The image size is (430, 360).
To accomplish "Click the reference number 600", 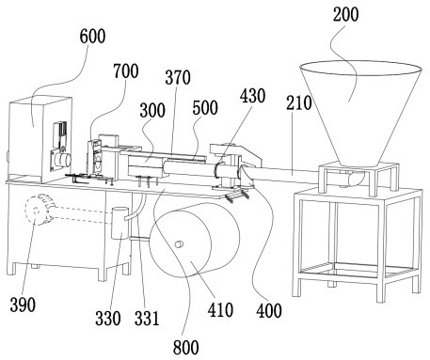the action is tap(92, 37).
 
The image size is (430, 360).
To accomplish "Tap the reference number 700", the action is tap(126, 71).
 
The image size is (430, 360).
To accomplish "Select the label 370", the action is tap(178, 77).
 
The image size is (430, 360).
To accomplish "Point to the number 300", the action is tap(152, 110).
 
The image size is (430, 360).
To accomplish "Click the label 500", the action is tap(205, 108).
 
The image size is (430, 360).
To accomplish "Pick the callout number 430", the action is tap(253, 96).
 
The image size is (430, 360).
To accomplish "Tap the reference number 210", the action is tap(298, 102).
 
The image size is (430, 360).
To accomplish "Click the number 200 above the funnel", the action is tap(345, 14).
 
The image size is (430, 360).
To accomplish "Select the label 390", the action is tap(23, 305).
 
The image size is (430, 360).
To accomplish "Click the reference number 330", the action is tap(108, 319).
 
